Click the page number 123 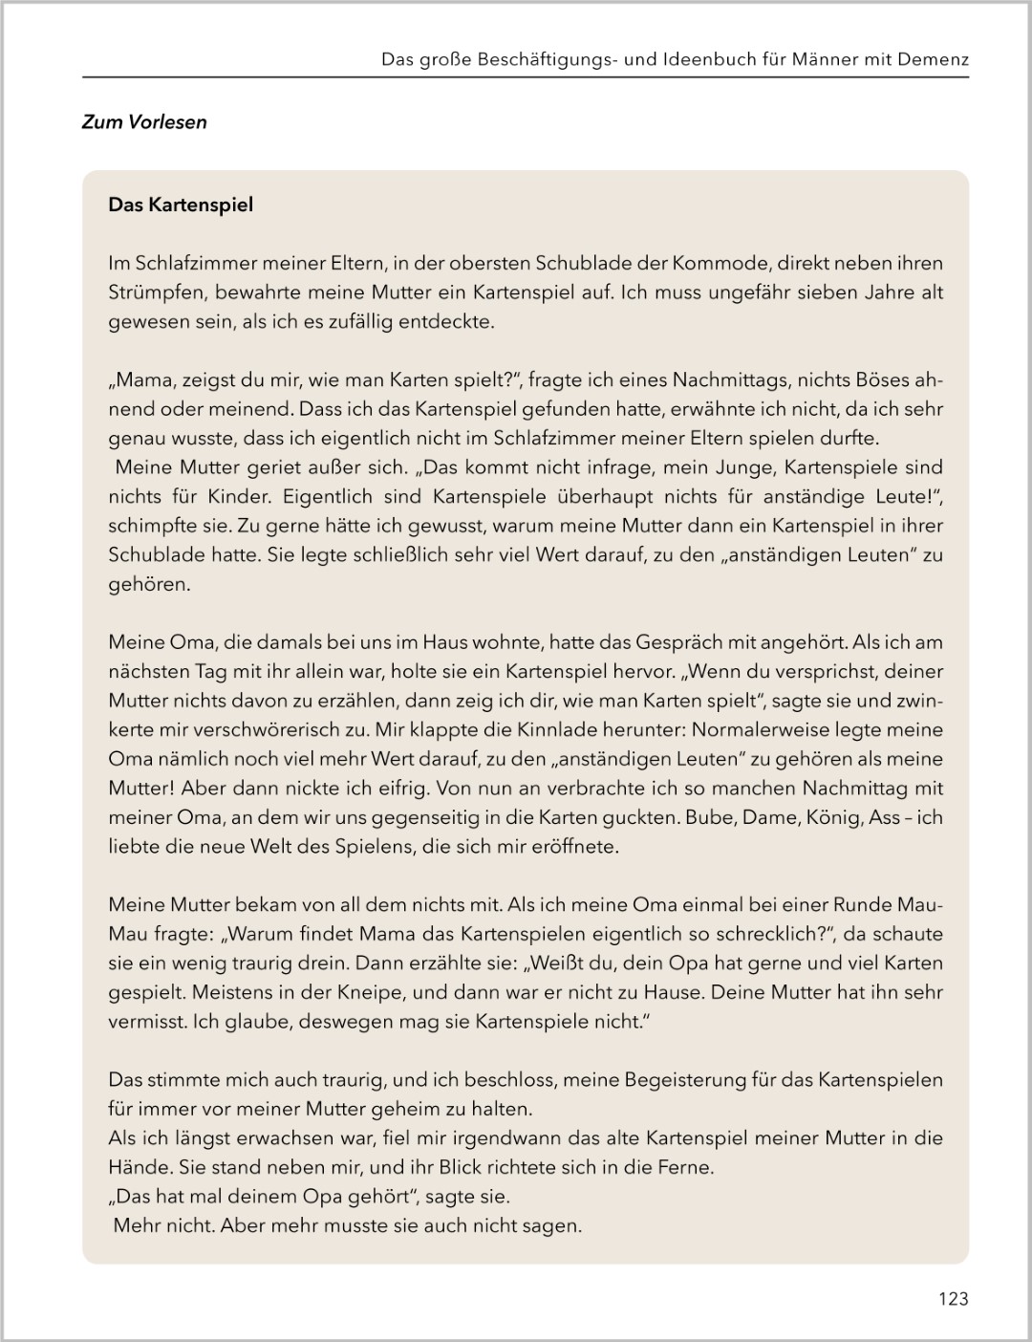tap(953, 1298)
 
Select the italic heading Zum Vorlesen tap(144, 122)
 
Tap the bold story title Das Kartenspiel tap(181, 206)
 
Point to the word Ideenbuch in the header tap(698, 59)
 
